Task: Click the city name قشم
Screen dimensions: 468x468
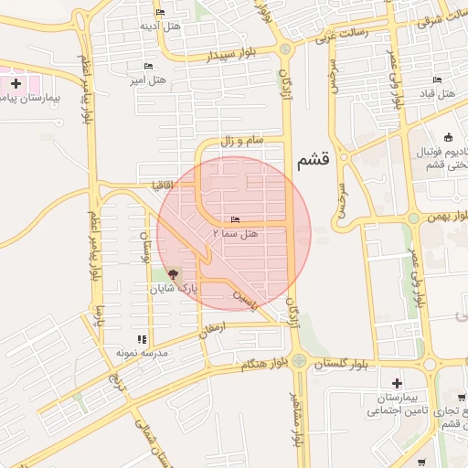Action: tap(314, 162)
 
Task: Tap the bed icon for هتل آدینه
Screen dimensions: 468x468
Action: tap(161, 12)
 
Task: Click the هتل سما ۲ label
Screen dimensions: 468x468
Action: tap(235, 234)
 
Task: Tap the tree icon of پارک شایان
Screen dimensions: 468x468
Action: tap(174, 274)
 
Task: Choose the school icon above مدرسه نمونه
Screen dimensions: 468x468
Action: tap(141, 340)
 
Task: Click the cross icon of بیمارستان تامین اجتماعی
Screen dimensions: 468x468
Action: tap(396, 383)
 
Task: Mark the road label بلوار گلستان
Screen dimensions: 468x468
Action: tap(340, 364)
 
